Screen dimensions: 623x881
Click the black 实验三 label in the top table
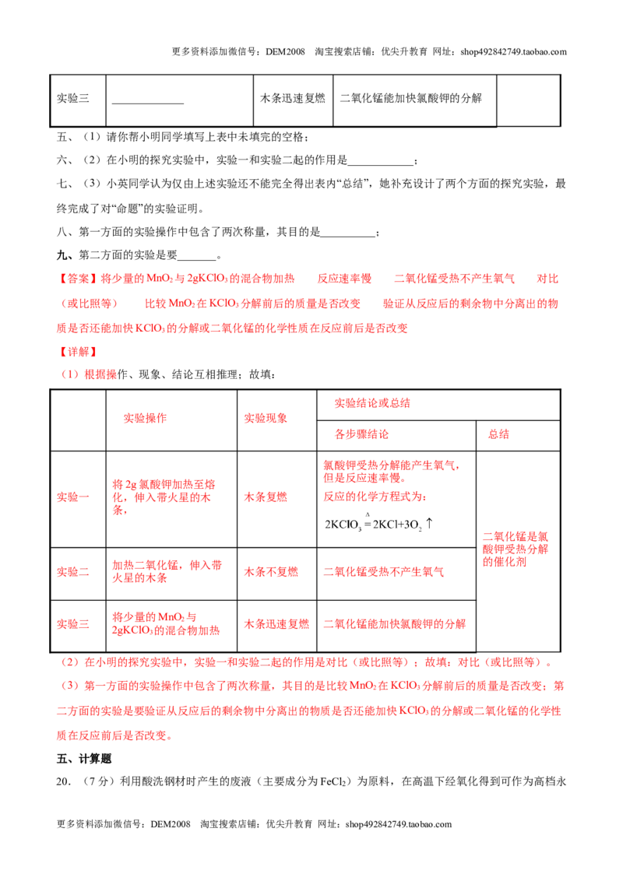(72, 98)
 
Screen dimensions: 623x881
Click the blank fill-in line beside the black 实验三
(148, 104)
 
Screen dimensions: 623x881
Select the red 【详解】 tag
(78, 353)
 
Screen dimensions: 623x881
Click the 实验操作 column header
(145, 418)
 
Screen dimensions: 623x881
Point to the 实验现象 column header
(266, 418)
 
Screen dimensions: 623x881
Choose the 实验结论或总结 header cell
(372, 403)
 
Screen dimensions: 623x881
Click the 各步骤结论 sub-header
(361, 434)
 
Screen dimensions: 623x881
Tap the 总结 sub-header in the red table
(498, 434)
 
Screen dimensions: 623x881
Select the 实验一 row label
(72, 497)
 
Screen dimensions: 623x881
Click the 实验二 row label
(72, 572)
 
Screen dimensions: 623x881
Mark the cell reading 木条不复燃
(270, 572)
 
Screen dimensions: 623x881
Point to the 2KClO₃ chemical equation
(378, 524)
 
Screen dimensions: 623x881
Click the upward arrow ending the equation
(429, 523)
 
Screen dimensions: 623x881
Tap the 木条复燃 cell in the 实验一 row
(266, 497)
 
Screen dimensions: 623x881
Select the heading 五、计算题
(84, 759)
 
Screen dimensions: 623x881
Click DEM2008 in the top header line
(285, 52)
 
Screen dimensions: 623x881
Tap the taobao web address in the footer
(399, 824)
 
